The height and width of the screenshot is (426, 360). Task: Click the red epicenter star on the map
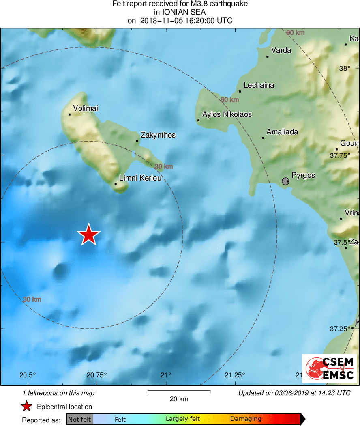88,235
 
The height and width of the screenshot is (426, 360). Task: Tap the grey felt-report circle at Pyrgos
285,181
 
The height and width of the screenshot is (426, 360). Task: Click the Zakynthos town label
158,135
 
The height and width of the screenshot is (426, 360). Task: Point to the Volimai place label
86,108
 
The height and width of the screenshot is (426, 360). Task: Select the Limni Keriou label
140,178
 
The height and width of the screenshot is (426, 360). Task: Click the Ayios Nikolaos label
227,114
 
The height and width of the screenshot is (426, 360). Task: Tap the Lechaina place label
259,85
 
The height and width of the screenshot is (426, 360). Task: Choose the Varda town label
281,50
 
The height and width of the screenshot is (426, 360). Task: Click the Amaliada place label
282,132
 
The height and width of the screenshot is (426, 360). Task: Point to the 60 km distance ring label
229,99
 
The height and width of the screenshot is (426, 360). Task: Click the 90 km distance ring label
295,33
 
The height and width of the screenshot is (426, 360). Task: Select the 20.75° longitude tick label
97,375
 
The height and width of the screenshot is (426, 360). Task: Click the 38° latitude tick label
345,68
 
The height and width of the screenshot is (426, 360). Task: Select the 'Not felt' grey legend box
79,419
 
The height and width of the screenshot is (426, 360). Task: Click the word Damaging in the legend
246,419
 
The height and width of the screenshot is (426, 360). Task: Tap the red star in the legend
27,407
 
